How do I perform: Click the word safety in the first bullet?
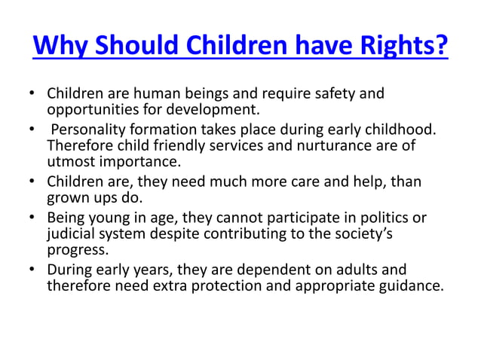point(329,95)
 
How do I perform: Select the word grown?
point(67,199)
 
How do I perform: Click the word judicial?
point(71,234)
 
